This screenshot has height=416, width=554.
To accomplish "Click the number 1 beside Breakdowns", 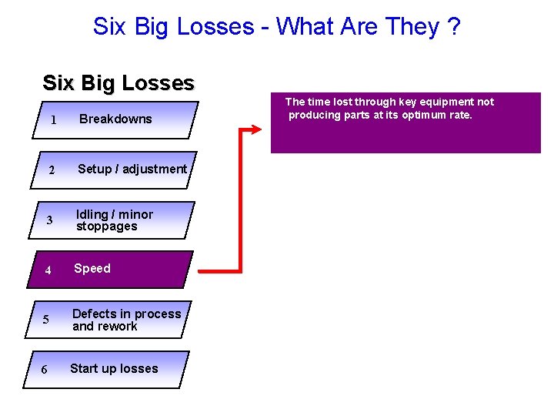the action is (x=54, y=120).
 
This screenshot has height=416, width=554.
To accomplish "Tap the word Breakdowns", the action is (x=115, y=119).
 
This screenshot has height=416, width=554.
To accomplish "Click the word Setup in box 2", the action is (x=95, y=169).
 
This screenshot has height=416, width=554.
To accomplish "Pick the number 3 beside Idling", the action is (x=49, y=221).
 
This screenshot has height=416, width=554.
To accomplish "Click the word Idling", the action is (x=92, y=214).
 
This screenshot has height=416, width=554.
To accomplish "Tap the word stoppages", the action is (x=106, y=226).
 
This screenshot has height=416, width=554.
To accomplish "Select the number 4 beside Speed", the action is (x=48, y=270).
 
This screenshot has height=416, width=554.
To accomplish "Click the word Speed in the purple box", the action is (x=92, y=268).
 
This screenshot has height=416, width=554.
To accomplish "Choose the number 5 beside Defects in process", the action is (x=46, y=320).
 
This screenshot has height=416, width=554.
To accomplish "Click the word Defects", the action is (x=93, y=314).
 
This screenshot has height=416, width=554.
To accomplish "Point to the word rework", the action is (x=118, y=327).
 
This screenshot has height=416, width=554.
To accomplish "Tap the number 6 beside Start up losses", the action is (x=44, y=370).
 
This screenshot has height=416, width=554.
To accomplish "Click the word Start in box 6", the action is (x=84, y=368).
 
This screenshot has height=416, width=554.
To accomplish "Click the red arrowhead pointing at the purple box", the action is (x=258, y=129).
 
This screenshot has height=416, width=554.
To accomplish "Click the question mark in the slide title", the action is (x=454, y=26).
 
